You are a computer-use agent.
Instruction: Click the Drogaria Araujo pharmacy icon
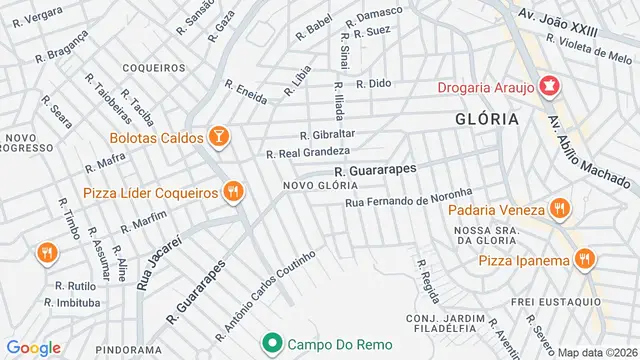coord(547,86)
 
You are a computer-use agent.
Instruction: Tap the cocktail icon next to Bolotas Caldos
coord(219,135)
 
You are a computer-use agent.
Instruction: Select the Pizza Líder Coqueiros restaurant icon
coord(233,192)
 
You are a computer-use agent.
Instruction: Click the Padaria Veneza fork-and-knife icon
coord(559,209)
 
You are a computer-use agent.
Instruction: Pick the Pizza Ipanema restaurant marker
coord(584,260)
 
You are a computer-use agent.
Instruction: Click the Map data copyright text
coord(597,352)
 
